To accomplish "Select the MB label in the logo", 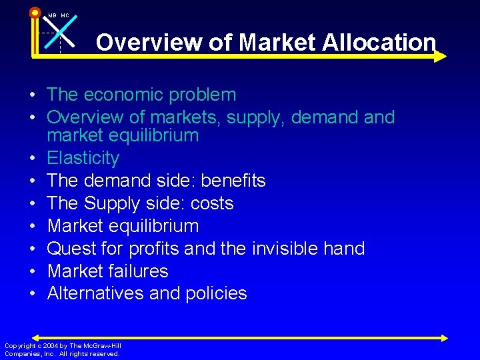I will (x=52, y=15).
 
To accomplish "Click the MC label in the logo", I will (x=65, y=15).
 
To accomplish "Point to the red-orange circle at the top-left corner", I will (x=35, y=12).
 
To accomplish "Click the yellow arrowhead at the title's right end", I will (x=440, y=57).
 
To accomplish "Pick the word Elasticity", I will (x=83, y=159).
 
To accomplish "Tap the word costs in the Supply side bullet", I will (x=209, y=203).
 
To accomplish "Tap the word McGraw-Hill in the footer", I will (x=104, y=345).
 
